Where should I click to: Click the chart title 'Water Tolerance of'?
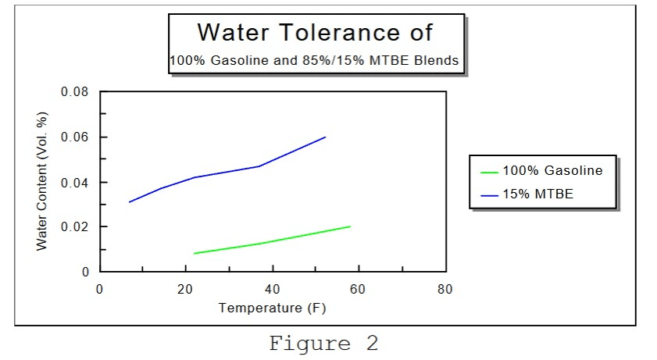coord(315,33)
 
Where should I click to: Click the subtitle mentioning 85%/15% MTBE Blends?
coord(314,60)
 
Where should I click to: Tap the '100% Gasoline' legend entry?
coord(552,170)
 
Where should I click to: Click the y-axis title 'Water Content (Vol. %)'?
coord(42,182)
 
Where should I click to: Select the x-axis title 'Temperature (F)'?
coord(272,308)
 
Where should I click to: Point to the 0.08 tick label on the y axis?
coord(74,92)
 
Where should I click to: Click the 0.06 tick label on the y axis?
coord(74,137)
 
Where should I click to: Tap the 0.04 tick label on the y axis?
coord(74,183)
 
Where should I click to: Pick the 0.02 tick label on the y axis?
coord(74,227)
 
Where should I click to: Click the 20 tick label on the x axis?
coord(185,289)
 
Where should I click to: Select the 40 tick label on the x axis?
coord(272,289)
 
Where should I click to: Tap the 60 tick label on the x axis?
coord(359,289)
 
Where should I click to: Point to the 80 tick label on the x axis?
coord(445,289)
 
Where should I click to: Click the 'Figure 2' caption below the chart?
coord(324,343)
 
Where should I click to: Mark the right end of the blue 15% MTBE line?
coord(325,137)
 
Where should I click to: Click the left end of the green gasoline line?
coord(194,253)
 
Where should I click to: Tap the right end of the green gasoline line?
coord(350,226)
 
